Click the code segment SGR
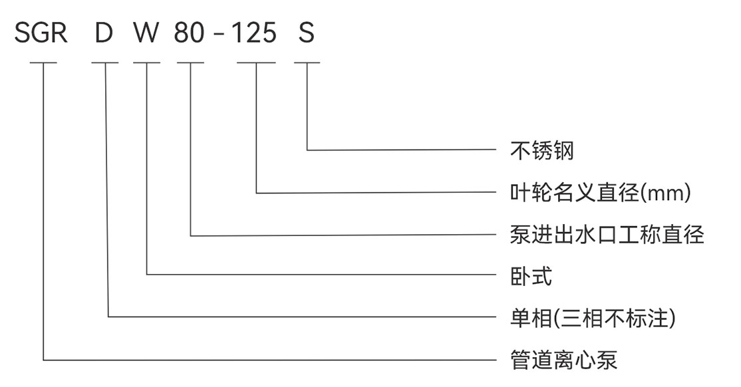click(x=41, y=33)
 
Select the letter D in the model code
click(x=104, y=33)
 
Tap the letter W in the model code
click(x=146, y=33)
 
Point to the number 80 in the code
click(x=190, y=33)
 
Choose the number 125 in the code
click(x=254, y=33)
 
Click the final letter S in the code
click(x=306, y=33)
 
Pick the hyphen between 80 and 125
click(x=219, y=35)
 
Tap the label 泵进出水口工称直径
click(x=607, y=235)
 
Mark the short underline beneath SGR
click(x=44, y=63)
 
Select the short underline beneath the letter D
click(x=105, y=63)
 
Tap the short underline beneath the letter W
click(x=146, y=63)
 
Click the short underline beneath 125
click(x=257, y=63)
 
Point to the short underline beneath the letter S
click(x=307, y=63)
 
